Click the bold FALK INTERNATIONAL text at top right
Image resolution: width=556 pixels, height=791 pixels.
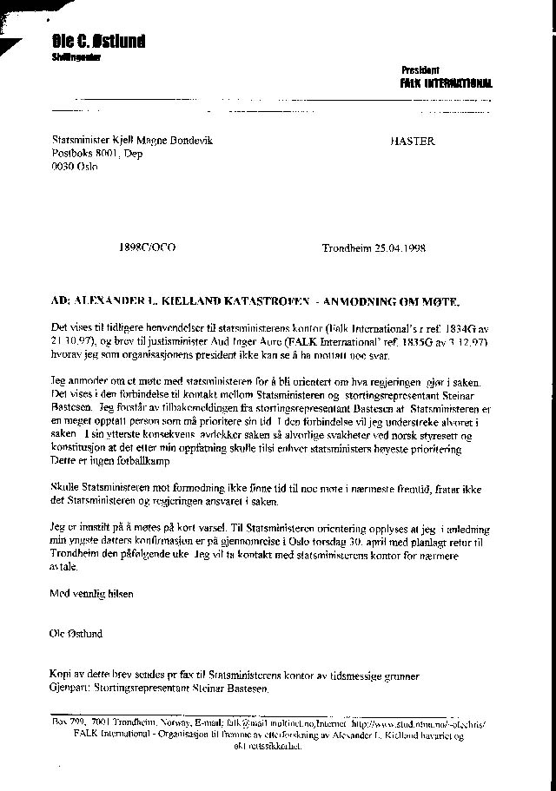(445, 83)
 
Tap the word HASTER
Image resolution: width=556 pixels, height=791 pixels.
(413, 141)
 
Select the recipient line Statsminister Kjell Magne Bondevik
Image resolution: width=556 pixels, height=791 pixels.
(131, 141)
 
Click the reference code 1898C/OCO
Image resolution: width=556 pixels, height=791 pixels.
(147, 247)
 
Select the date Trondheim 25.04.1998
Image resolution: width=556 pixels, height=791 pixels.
(373, 247)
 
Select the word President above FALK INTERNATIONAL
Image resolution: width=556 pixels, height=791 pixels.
(420, 69)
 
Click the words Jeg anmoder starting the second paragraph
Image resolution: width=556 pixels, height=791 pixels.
(83, 379)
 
